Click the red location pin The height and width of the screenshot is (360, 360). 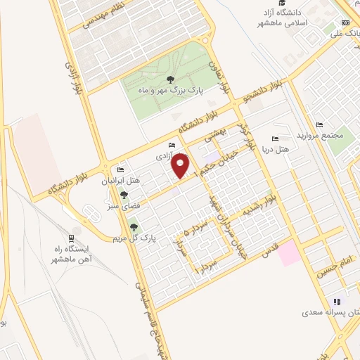tap(181, 165)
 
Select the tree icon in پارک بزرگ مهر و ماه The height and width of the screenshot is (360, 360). tap(171, 79)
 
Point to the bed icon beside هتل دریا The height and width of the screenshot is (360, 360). tap(275, 139)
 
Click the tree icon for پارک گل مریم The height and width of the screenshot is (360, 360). tap(134, 226)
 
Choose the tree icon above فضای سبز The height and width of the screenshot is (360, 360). tap(124, 195)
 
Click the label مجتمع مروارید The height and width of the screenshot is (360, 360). tap(342, 133)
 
